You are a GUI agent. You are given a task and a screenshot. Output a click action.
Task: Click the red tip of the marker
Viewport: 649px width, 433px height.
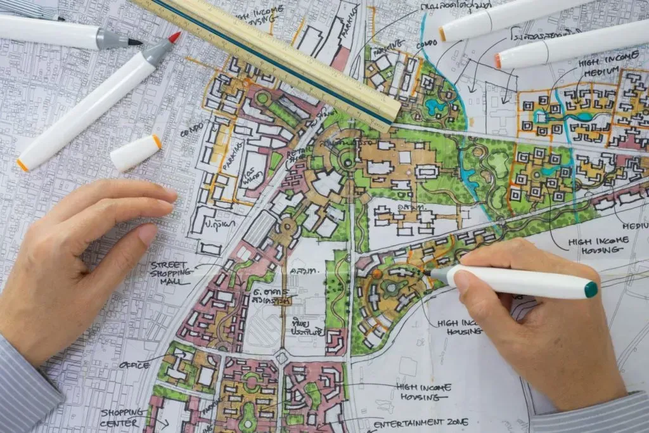click(x=174, y=37)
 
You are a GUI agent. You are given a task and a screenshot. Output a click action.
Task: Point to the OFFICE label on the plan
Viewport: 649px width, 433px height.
click(x=134, y=365)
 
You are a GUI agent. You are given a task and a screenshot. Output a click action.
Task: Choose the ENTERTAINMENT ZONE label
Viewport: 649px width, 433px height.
click(x=420, y=422)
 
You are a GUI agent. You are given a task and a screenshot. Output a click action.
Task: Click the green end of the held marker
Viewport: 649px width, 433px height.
click(x=591, y=290)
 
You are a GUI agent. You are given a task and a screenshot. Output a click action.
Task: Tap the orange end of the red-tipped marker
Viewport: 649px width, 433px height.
click(x=22, y=165)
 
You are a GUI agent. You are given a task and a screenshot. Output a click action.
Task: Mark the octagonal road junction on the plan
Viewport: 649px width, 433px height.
click(x=281, y=358)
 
